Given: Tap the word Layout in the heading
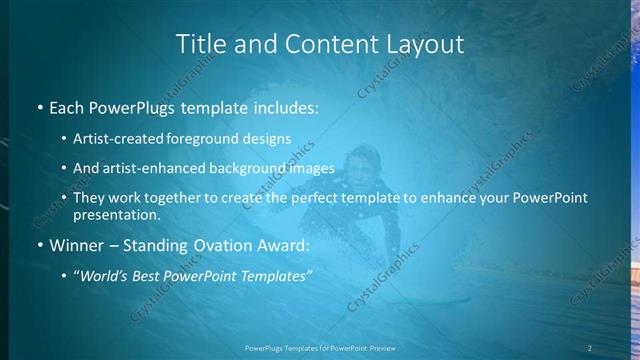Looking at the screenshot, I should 425,44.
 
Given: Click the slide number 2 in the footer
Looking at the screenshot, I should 590,347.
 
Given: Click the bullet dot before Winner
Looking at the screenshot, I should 39,246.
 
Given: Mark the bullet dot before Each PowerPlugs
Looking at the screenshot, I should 39,107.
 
